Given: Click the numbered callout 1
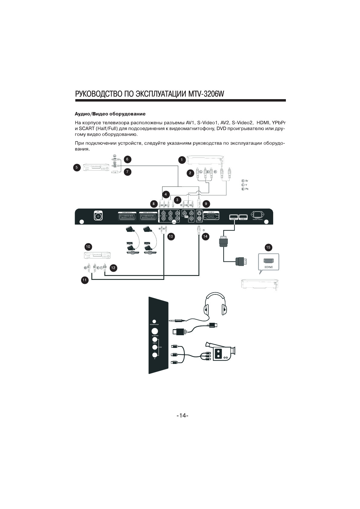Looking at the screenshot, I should click(182, 160).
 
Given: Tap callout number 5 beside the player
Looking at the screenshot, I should click(77, 167).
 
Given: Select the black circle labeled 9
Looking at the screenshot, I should click(206, 203).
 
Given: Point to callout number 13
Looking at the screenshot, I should click(171, 236).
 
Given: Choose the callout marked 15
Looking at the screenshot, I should click(268, 247).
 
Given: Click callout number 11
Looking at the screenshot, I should click(85, 280).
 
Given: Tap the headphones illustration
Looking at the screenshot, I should click(215, 303).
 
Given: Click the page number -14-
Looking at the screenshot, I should click(182, 416).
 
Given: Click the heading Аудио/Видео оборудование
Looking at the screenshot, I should click(110, 114).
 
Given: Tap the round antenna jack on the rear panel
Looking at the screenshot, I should click(98, 216).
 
